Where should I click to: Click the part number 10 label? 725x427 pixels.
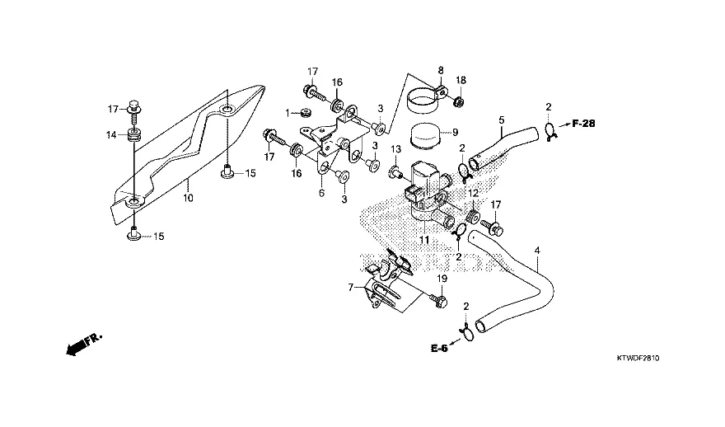tap(188, 198)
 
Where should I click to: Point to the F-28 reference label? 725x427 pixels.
tap(582, 124)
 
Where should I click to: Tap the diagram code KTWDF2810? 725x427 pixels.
tap(639, 359)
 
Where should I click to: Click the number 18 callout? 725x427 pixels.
tap(461, 80)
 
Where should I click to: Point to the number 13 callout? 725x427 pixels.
tap(395, 149)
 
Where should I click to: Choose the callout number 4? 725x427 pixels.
tap(537, 250)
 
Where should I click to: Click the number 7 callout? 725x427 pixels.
tap(351, 288)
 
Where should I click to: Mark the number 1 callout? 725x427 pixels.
tap(288, 112)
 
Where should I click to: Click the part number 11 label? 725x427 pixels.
tap(423, 239)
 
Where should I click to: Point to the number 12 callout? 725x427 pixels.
tap(473, 192)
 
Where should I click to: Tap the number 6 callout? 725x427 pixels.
tap(321, 192)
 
